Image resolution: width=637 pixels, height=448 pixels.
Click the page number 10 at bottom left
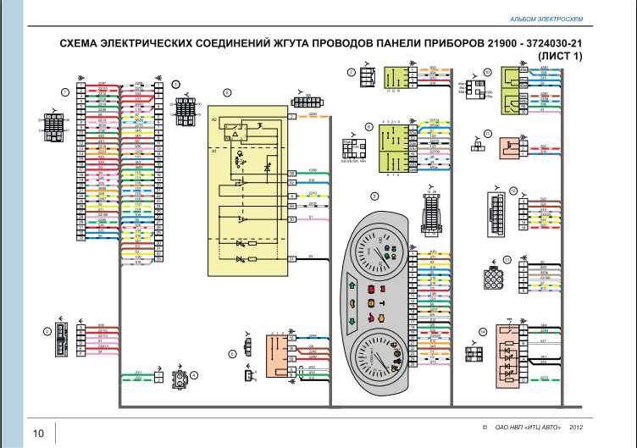(x=39, y=434)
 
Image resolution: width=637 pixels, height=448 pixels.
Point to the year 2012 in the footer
(x=578, y=428)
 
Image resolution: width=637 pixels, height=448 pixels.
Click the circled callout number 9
(x=374, y=196)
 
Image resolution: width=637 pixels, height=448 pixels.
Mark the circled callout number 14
(x=482, y=332)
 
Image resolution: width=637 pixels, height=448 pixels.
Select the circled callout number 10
(x=488, y=72)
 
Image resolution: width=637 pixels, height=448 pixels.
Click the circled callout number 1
(x=64, y=91)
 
